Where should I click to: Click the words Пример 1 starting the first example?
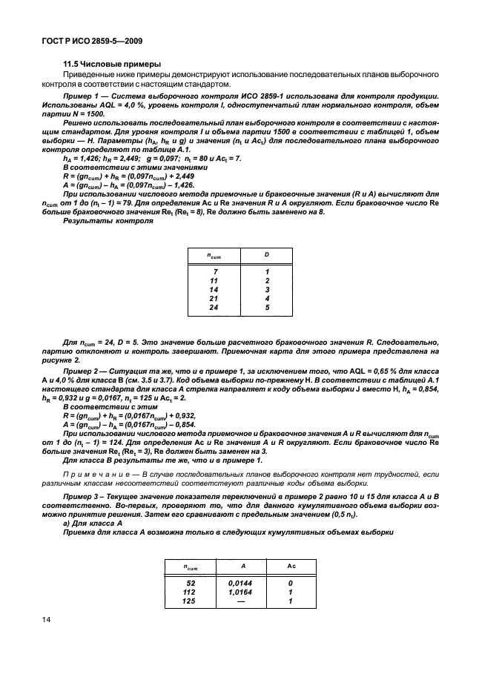point(83,96)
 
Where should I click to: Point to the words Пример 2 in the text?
point(83,369)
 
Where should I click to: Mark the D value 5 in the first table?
point(268,307)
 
